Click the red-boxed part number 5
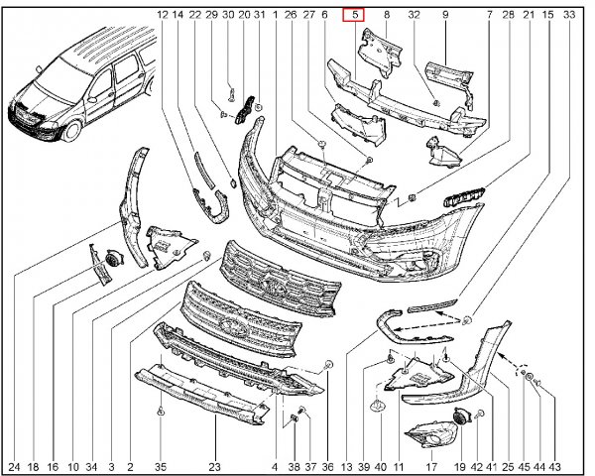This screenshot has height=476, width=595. point(354,15)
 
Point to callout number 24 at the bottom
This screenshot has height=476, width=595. point(14,465)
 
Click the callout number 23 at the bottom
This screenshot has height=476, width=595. point(214,465)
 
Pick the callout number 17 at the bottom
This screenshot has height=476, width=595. point(431,465)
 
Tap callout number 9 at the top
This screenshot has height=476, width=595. point(445,15)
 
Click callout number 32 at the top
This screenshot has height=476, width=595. point(414,15)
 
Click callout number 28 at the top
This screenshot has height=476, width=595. point(507,15)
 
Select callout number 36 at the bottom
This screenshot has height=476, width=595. point(328,465)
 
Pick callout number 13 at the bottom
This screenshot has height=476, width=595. point(346,465)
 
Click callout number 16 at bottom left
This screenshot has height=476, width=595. point(54,465)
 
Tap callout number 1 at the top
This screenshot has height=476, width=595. point(274,15)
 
